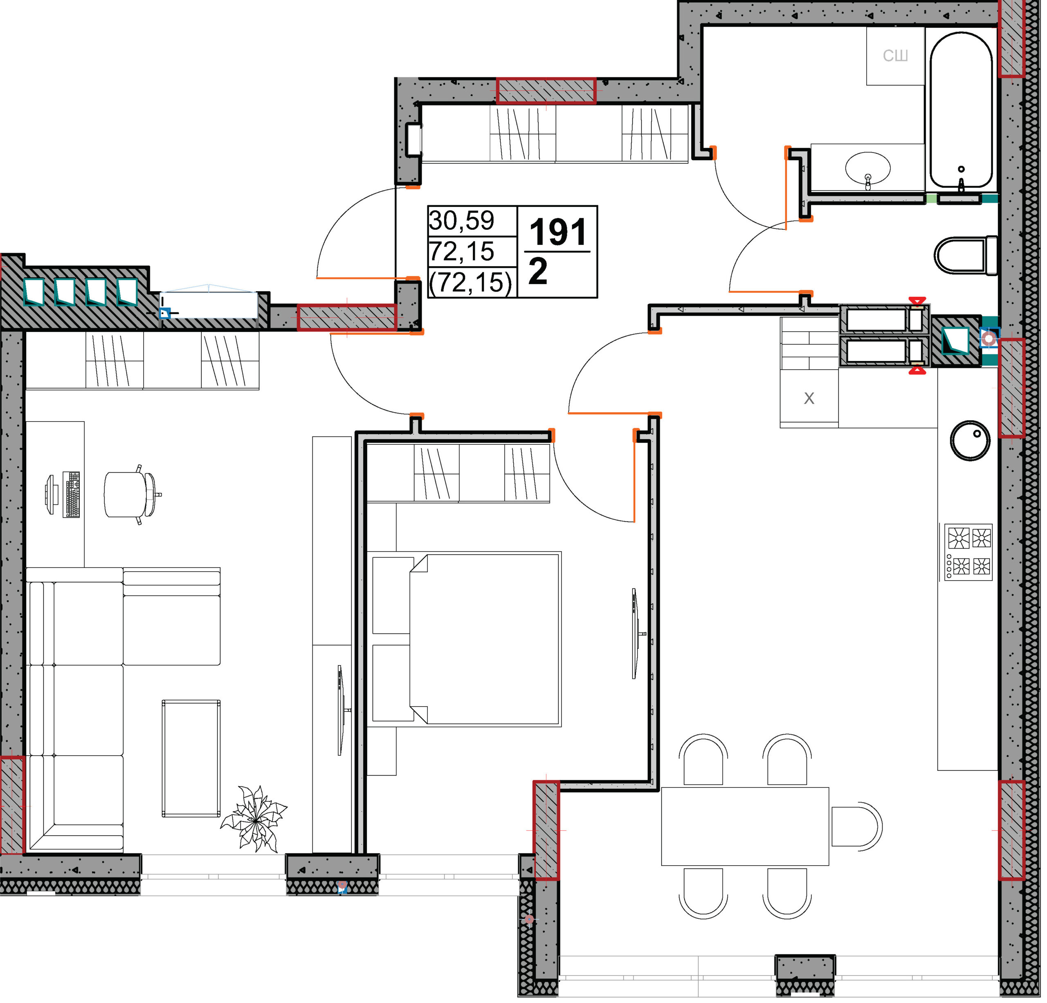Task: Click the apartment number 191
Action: click(558, 232)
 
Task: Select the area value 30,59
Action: click(462, 220)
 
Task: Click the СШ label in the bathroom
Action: click(895, 56)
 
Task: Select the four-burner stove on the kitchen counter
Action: click(968, 552)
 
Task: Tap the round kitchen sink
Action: click(970, 441)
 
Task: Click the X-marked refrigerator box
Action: click(809, 398)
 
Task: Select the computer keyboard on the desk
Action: click(71, 495)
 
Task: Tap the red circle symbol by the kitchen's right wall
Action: click(989, 338)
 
